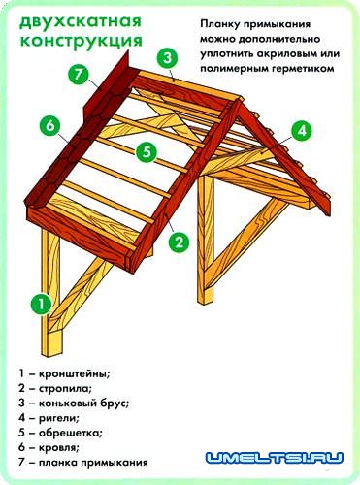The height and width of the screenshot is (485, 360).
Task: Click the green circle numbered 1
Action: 41,304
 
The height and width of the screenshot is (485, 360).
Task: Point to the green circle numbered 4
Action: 302,129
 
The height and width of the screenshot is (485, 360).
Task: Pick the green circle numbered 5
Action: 147,151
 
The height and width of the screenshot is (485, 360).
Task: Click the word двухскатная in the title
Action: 68,22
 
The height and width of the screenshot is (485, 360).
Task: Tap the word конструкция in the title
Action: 68,42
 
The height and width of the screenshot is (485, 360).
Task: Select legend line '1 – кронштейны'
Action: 64,372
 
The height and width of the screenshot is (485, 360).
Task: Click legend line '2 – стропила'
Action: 57,387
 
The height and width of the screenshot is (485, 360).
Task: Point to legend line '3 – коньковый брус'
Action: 74,403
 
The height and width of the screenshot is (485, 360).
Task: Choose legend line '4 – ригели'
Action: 51,417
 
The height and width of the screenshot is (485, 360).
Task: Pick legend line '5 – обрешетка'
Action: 61,433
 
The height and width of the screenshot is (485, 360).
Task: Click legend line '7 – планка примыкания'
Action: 82,464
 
